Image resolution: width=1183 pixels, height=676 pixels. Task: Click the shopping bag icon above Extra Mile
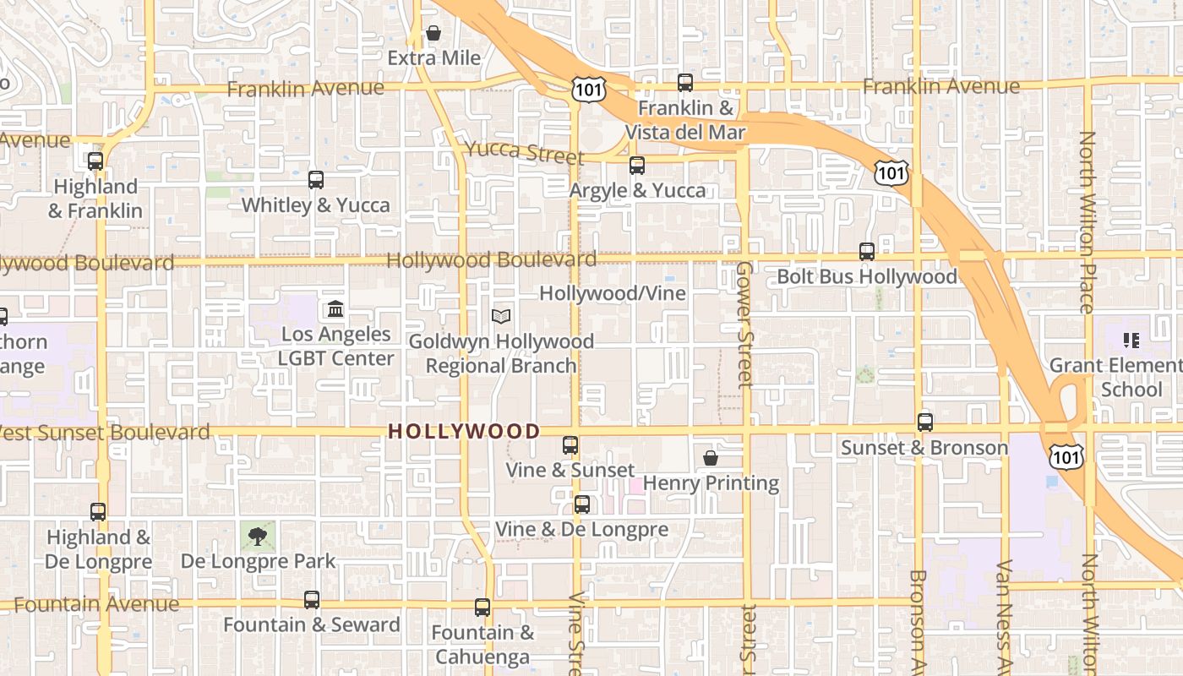(x=433, y=34)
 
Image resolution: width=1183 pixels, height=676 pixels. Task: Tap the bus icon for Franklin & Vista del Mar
(x=685, y=83)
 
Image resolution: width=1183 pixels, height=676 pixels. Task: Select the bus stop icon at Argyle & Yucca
(x=637, y=166)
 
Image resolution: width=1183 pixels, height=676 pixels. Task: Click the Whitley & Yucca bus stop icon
(x=316, y=180)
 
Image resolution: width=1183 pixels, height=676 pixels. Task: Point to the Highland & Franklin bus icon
(x=95, y=161)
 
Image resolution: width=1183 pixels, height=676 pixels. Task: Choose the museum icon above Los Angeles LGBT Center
(x=335, y=309)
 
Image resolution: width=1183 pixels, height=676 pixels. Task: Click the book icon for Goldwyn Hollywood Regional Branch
(x=501, y=316)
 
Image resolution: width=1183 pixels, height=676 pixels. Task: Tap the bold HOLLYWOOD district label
(x=464, y=431)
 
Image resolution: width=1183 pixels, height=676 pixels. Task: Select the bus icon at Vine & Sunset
(x=570, y=445)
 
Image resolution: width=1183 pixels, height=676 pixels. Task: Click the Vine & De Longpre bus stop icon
(x=582, y=504)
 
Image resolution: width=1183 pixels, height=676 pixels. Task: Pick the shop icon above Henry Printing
(x=711, y=458)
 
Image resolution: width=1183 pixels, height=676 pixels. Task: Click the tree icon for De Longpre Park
(x=258, y=536)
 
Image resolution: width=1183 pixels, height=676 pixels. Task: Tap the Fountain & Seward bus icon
(x=312, y=600)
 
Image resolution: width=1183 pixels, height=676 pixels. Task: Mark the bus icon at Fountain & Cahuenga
(x=482, y=608)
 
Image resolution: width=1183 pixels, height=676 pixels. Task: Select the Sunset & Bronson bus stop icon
(x=925, y=422)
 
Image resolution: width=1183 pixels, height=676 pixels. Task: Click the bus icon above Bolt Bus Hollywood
(x=867, y=252)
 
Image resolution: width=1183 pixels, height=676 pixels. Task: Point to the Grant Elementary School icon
(x=1131, y=341)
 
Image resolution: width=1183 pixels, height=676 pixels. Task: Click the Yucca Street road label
(x=524, y=153)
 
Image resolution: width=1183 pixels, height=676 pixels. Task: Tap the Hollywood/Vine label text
(x=613, y=293)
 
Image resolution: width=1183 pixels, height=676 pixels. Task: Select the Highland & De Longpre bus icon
(x=98, y=512)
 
